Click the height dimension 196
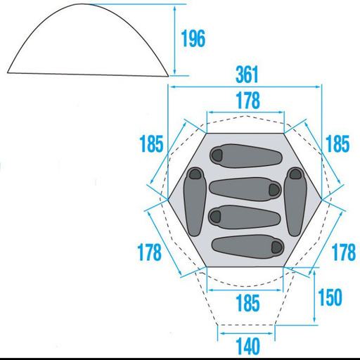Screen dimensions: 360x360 click(x=193, y=39)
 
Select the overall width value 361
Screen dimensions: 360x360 click(x=247, y=75)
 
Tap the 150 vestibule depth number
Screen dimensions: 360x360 click(x=330, y=297)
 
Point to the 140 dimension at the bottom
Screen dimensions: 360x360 click(x=247, y=346)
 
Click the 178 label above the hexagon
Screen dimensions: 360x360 click(x=247, y=101)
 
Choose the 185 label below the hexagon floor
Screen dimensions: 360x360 click(x=247, y=303)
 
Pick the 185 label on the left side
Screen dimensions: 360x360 click(x=151, y=143)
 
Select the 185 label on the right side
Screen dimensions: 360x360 click(x=337, y=143)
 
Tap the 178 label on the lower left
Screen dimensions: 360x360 click(x=149, y=252)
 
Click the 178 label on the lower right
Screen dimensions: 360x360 click(x=344, y=252)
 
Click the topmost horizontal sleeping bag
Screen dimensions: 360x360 click(x=245, y=156)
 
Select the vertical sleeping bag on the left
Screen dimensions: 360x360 click(x=195, y=202)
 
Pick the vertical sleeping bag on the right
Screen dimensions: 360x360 click(x=295, y=202)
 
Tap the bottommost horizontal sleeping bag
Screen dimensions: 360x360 click(x=247, y=246)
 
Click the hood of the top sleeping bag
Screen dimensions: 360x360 click(x=217, y=155)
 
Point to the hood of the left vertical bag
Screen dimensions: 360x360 click(x=195, y=174)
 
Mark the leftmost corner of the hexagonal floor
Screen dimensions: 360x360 click(x=168, y=200)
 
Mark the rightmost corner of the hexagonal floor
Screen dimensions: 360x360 click(x=322, y=200)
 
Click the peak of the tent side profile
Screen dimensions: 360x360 click(x=82, y=4)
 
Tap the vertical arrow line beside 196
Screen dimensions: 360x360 click(x=174, y=40)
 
